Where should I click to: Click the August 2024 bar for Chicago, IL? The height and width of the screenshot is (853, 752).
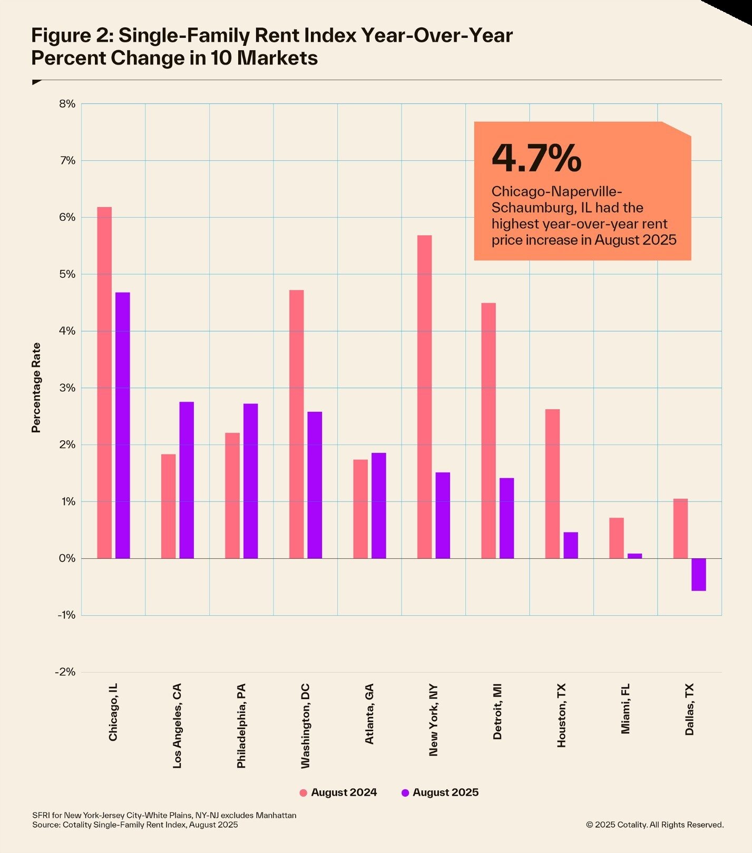(104, 382)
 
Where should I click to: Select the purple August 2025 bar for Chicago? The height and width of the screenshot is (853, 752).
(122, 425)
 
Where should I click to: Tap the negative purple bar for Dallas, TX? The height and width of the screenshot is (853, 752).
(698, 574)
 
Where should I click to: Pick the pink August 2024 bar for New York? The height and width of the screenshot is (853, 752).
(424, 396)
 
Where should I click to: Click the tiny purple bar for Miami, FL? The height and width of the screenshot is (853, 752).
(634, 556)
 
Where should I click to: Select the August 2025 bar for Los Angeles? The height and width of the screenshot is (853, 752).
(187, 480)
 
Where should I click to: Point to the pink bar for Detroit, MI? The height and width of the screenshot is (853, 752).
(489, 430)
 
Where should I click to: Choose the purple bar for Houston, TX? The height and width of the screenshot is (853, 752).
(571, 545)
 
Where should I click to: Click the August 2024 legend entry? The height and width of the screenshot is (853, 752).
(338, 792)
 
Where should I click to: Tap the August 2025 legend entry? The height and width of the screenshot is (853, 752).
(440, 792)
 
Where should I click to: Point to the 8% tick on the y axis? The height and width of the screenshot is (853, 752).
(67, 104)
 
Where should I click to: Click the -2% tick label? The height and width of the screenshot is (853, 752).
(65, 672)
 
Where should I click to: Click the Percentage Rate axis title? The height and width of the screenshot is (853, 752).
(36, 387)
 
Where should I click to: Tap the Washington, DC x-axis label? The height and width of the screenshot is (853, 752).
(305, 726)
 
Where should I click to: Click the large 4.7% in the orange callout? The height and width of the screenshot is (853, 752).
(536, 158)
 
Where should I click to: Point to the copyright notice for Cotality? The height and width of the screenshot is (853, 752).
(655, 825)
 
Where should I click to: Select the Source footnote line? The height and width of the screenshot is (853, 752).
(135, 825)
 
